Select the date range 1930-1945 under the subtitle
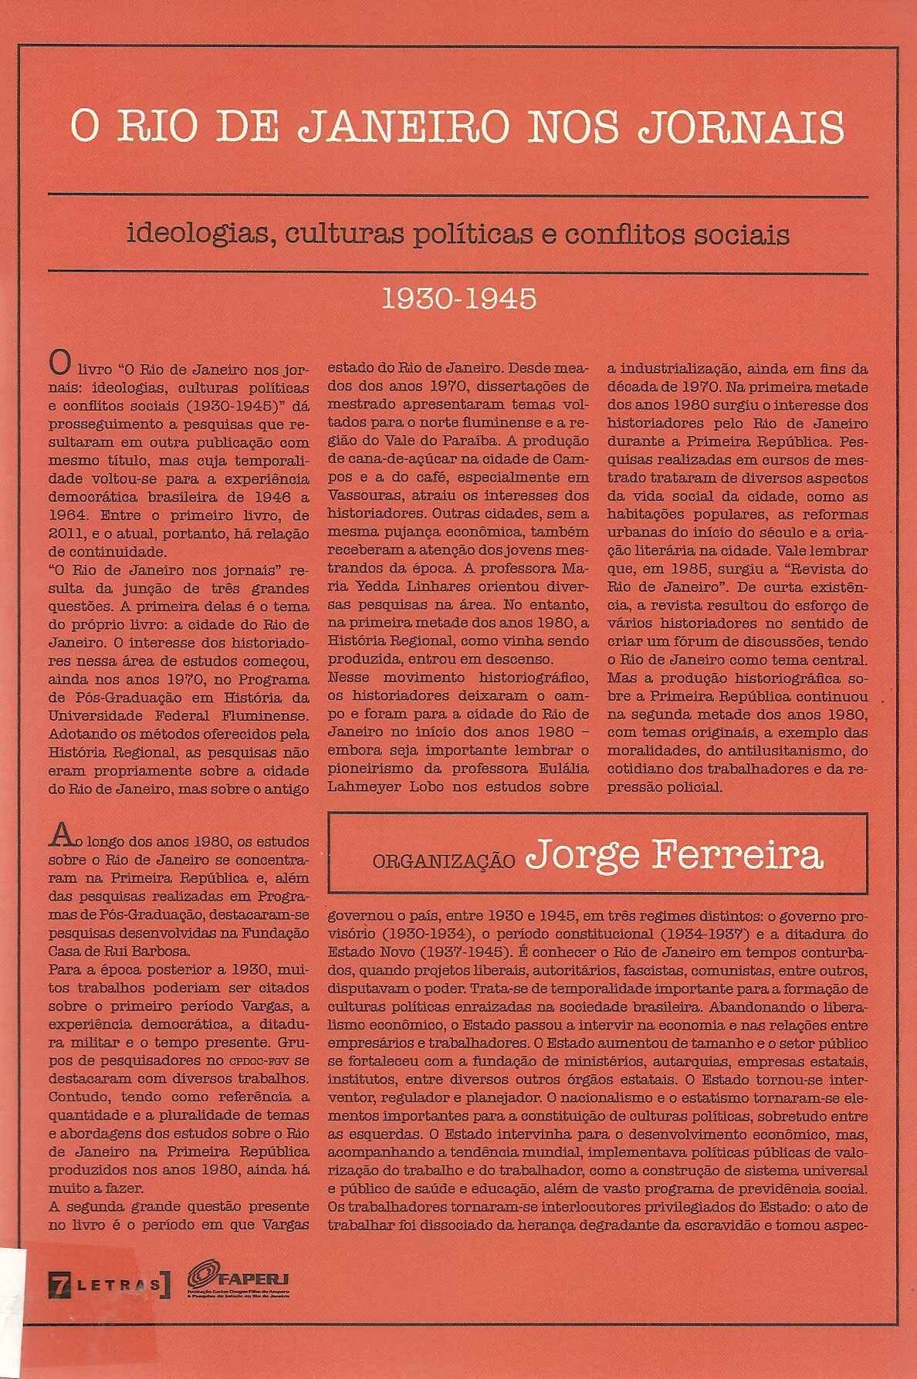pos(459,299)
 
